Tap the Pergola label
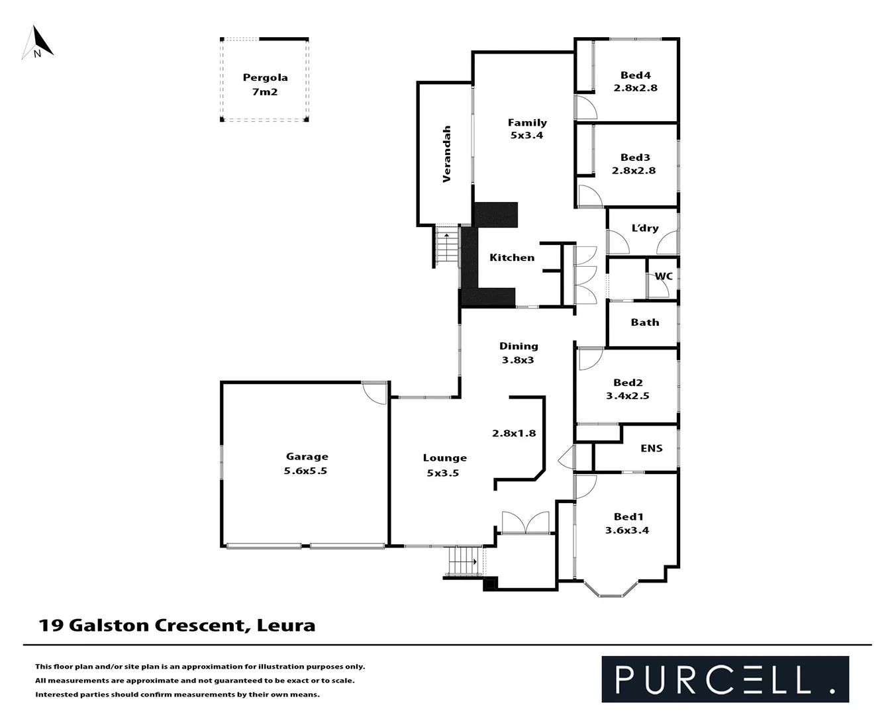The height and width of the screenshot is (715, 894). (265, 77)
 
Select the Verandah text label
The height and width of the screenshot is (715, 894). (447, 154)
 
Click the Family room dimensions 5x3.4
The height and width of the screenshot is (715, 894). (526, 135)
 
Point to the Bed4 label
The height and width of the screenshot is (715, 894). (635, 75)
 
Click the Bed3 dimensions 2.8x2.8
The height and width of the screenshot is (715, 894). (634, 170)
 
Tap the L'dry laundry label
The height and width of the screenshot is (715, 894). (644, 228)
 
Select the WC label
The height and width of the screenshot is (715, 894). (664, 276)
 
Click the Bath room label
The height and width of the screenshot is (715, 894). (644, 322)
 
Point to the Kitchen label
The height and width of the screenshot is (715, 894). (512, 258)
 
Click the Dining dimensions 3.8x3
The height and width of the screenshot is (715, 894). (518, 360)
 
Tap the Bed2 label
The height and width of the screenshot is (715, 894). (628, 382)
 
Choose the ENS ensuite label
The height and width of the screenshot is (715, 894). (651, 448)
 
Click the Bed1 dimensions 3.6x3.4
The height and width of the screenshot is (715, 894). (627, 530)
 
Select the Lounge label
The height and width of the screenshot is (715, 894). (445, 457)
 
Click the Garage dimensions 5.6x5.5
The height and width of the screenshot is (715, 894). (306, 471)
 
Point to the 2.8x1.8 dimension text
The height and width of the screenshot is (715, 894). (514, 433)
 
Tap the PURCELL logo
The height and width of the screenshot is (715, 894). (724, 679)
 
